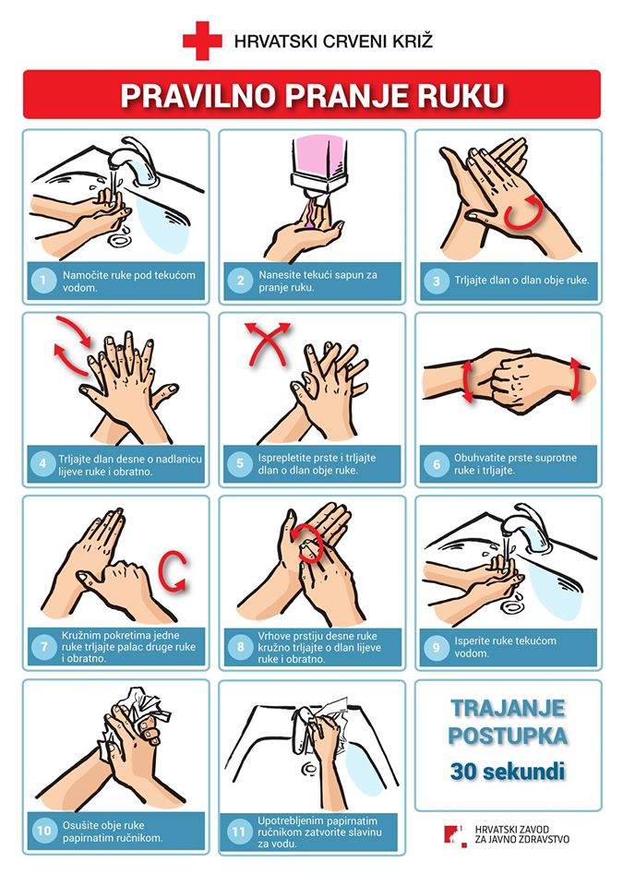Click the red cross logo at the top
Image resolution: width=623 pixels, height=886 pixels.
pyautogui.click(x=202, y=41)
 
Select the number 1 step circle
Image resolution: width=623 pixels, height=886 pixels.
pyautogui.click(x=43, y=281)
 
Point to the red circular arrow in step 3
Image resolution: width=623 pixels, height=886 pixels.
pyautogui.click(x=522, y=212)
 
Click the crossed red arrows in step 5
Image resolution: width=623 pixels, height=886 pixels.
pyautogui.click(x=268, y=343)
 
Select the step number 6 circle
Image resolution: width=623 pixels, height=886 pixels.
pyautogui.click(x=437, y=464)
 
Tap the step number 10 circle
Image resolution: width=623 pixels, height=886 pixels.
pyautogui.click(x=43, y=830)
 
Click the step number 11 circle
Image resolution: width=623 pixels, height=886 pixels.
pyautogui.click(x=239, y=832)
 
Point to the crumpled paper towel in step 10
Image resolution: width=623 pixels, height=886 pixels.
pyautogui.click(x=139, y=714)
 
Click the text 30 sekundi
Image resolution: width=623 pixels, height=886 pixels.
pyautogui.click(x=507, y=771)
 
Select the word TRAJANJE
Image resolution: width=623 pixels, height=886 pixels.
pyautogui.click(x=508, y=708)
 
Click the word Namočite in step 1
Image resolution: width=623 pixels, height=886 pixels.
pyautogui.click(x=85, y=275)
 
